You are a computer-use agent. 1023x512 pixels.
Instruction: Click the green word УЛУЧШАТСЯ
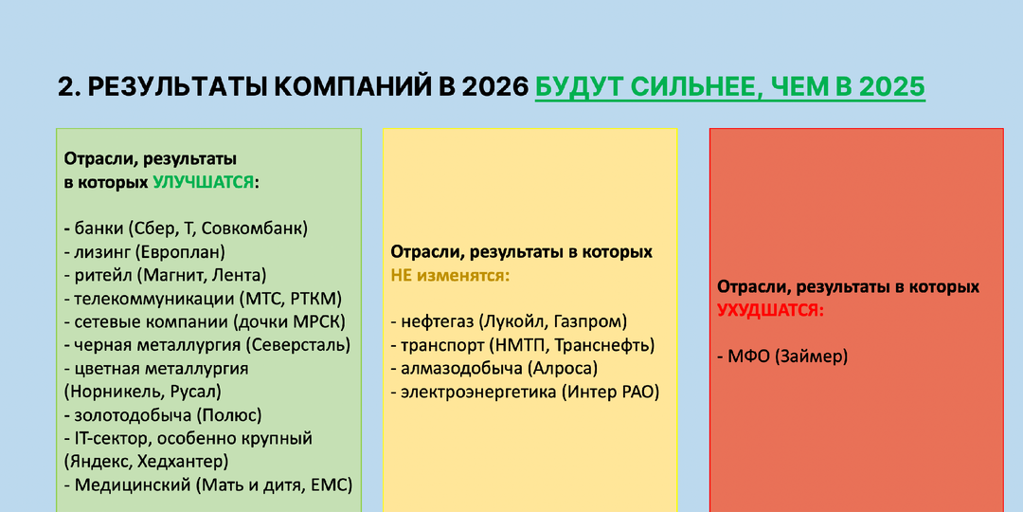[203, 182]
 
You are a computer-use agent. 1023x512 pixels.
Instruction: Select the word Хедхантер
[182, 462]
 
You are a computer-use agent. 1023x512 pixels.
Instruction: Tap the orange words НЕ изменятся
[450, 275]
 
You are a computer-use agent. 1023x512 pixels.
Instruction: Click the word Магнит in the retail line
[170, 275]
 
